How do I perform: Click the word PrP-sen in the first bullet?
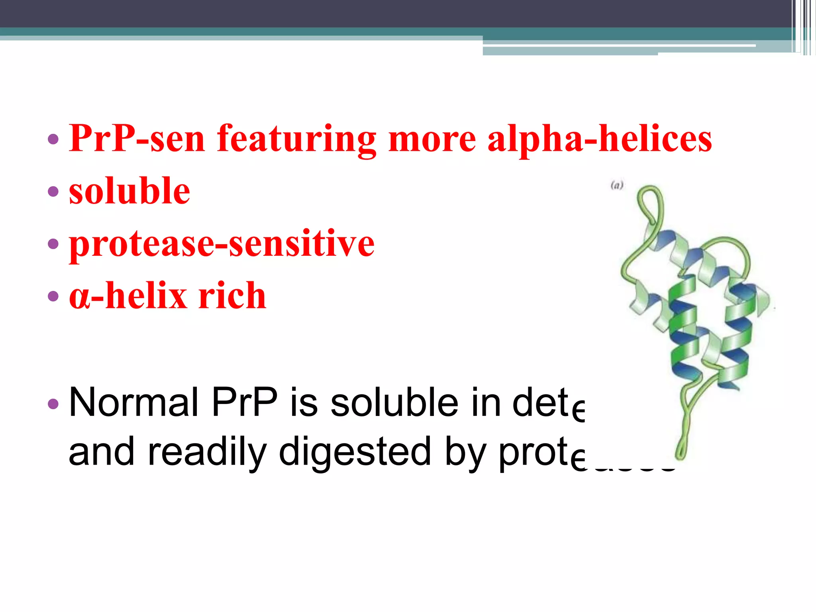(x=137, y=139)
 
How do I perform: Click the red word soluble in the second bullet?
(x=129, y=191)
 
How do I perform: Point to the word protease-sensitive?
(x=222, y=244)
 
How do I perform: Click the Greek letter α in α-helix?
(x=78, y=297)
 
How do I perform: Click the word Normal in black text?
(x=133, y=402)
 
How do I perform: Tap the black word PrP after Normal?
(x=244, y=402)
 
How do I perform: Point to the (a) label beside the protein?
(x=617, y=185)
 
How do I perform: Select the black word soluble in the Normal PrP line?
(x=394, y=402)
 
